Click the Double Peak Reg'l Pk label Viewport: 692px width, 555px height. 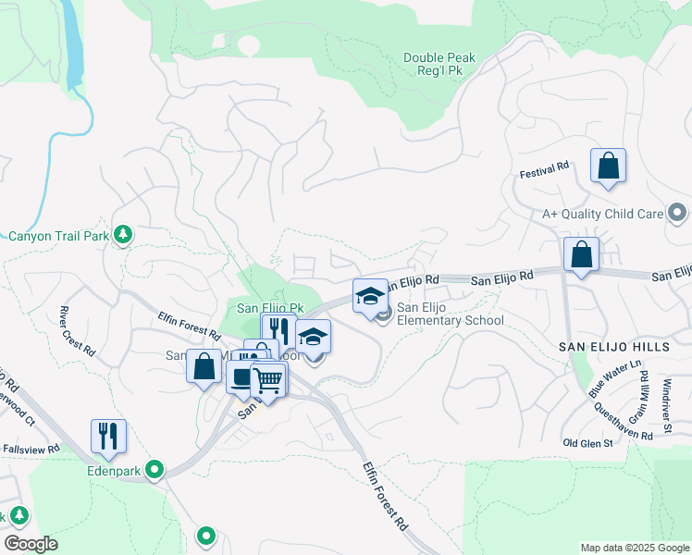point(439,65)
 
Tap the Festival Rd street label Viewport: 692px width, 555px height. point(544,172)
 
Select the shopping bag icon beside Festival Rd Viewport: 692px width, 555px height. point(608,166)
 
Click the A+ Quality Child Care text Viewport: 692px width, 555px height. point(602,214)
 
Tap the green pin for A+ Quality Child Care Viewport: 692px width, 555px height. point(677,214)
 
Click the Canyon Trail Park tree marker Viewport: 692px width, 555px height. point(122,236)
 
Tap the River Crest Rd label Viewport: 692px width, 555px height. point(77,331)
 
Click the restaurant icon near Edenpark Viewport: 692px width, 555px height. point(108,436)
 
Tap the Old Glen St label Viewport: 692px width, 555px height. point(588,443)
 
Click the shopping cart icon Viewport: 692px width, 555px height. point(268,379)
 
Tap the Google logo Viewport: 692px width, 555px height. point(31,544)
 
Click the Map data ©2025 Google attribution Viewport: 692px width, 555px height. point(635,548)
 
